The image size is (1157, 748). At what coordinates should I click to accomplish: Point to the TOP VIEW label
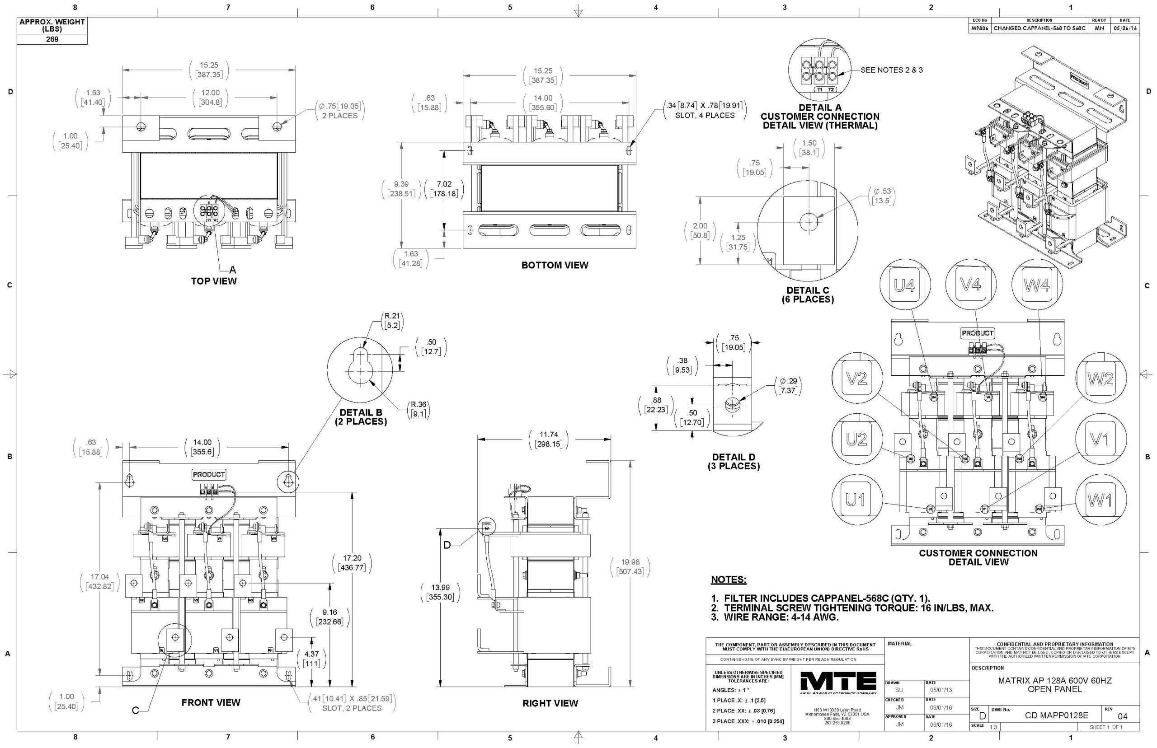(x=214, y=281)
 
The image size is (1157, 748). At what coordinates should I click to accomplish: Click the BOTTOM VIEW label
(x=555, y=265)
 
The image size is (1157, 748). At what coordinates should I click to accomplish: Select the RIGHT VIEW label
(x=550, y=703)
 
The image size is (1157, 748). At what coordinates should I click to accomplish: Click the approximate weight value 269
(x=52, y=39)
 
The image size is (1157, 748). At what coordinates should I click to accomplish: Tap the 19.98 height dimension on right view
(x=630, y=567)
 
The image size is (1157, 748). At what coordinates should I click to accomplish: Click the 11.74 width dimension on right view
(x=548, y=439)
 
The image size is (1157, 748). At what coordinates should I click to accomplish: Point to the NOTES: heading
(x=729, y=580)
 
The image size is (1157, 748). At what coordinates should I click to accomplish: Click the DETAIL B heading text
(x=361, y=413)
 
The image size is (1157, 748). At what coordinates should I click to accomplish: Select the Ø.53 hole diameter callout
(x=882, y=196)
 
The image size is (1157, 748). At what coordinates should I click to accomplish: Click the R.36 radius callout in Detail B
(x=419, y=409)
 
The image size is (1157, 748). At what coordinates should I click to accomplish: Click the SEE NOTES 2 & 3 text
(x=891, y=70)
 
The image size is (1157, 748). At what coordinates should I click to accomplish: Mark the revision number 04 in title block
(x=1122, y=716)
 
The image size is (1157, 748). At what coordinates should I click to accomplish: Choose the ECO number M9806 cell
(x=979, y=28)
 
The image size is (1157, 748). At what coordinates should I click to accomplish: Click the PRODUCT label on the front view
(x=209, y=475)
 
